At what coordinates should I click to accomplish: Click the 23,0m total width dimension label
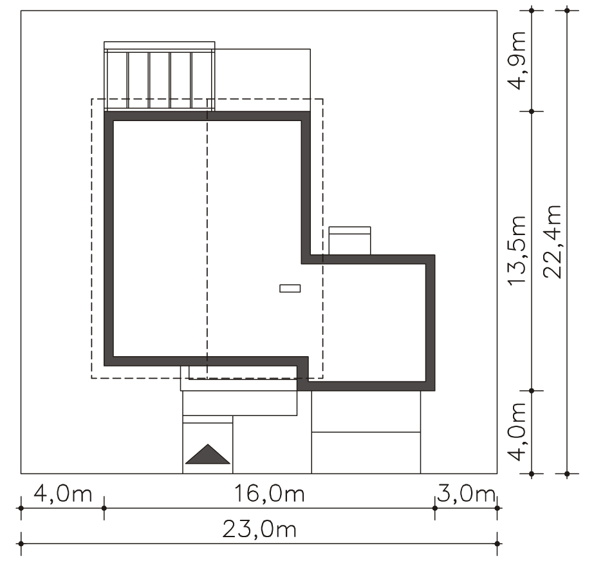[x=259, y=529]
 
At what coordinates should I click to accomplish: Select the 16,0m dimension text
[x=270, y=494]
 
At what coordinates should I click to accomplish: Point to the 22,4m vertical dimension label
[x=552, y=242]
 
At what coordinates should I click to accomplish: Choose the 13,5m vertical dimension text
[x=517, y=251]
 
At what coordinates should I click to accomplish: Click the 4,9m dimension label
[x=517, y=61]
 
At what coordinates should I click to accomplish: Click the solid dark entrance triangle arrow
[x=208, y=454]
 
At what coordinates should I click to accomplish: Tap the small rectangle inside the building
[x=290, y=289]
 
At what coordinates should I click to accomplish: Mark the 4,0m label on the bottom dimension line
[x=63, y=494]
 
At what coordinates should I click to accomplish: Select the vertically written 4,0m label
[x=517, y=432]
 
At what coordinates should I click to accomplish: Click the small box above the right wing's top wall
[x=349, y=241]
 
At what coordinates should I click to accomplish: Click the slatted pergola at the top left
[x=160, y=76]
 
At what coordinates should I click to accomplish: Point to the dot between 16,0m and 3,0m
[x=434, y=508]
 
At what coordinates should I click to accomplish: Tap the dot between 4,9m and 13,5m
[x=532, y=111]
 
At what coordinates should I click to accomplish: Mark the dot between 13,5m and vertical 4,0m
[x=532, y=390]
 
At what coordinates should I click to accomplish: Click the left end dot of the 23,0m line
[x=21, y=544]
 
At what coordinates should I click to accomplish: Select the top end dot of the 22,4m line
[x=567, y=10]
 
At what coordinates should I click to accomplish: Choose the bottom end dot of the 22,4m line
[x=567, y=473]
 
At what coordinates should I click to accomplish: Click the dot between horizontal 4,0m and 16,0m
[x=104, y=508]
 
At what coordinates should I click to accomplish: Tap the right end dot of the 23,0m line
[x=497, y=544]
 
